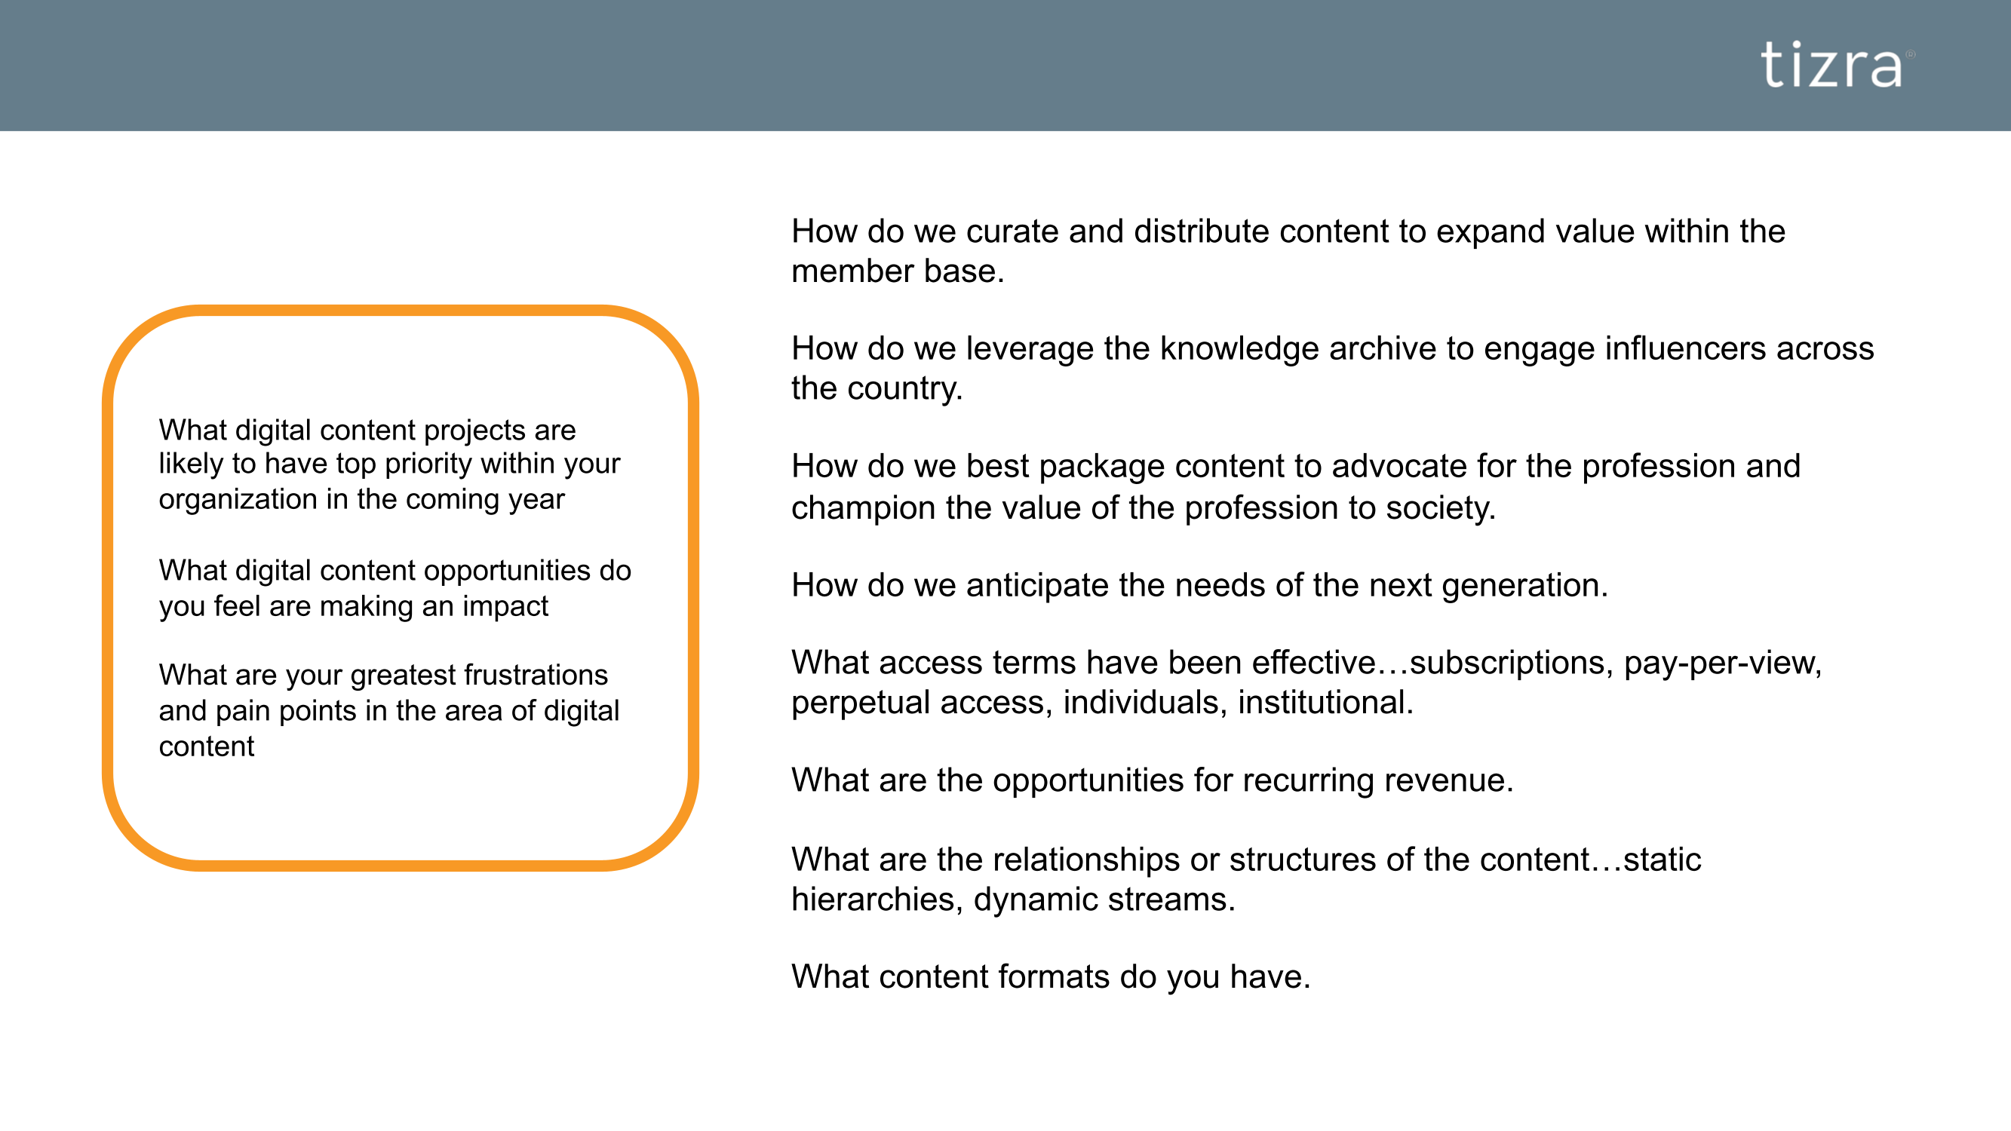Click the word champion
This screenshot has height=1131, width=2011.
tap(863, 509)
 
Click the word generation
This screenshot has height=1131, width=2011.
tap(1525, 586)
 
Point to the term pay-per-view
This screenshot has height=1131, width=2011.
tap(1723, 664)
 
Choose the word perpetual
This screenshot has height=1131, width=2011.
tap(861, 703)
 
